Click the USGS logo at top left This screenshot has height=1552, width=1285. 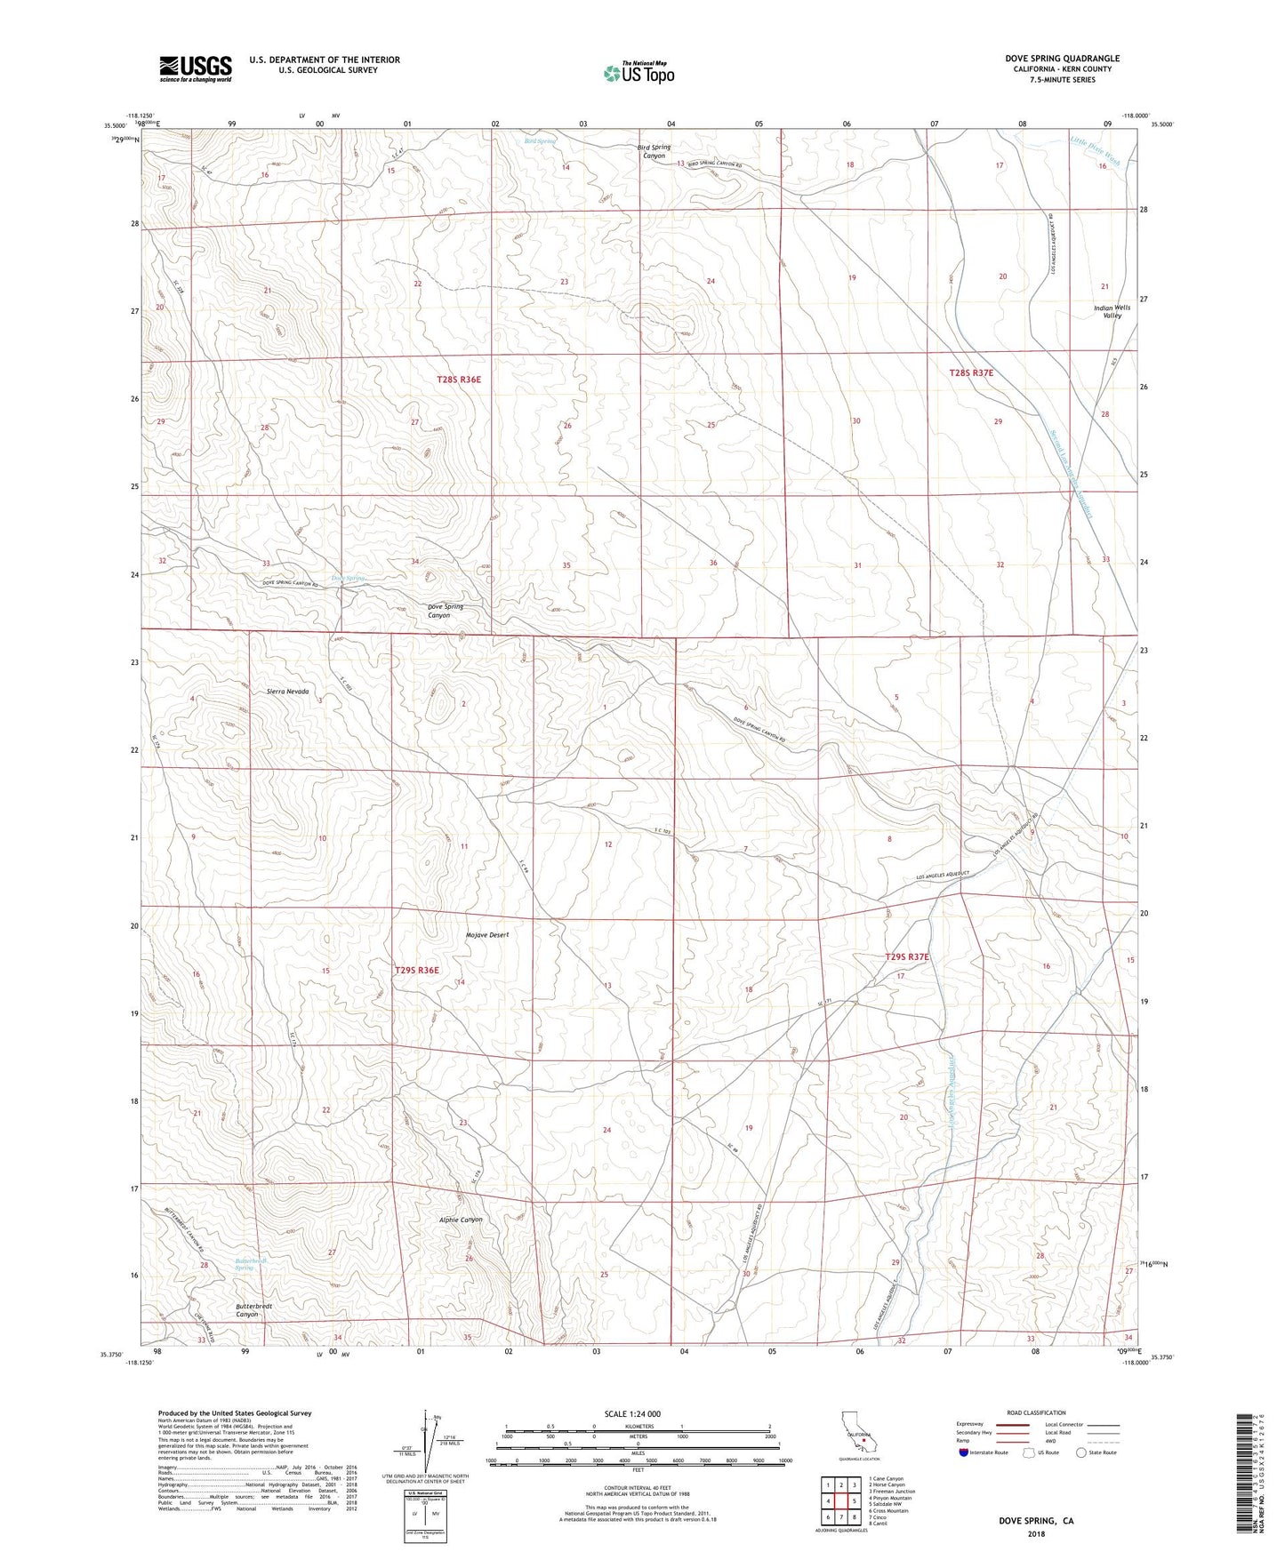pyautogui.click(x=196, y=68)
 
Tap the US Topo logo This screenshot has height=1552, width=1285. pyautogui.click(x=638, y=73)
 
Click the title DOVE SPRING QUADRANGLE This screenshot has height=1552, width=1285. pyautogui.click(x=1049, y=59)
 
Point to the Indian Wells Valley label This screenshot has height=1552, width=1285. pyautogui.click(x=1112, y=311)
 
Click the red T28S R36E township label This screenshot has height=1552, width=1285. pyautogui.click(x=458, y=380)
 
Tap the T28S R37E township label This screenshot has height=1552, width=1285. pyautogui.click(x=971, y=373)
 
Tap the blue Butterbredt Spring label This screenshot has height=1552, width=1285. pyautogui.click(x=251, y=1263)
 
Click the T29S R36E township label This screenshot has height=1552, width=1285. pyautogui.click(x=416, y=970)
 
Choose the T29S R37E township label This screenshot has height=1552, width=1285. pyautogui.click(x=907, y=957)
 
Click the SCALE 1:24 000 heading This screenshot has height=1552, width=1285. pyautogui.click(x=631, y=1413)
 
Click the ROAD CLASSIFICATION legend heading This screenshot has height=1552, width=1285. pyautogui.click(x=1036, y=1412)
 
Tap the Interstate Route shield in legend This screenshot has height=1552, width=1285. pyautogui.click(x=965, y=1453)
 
